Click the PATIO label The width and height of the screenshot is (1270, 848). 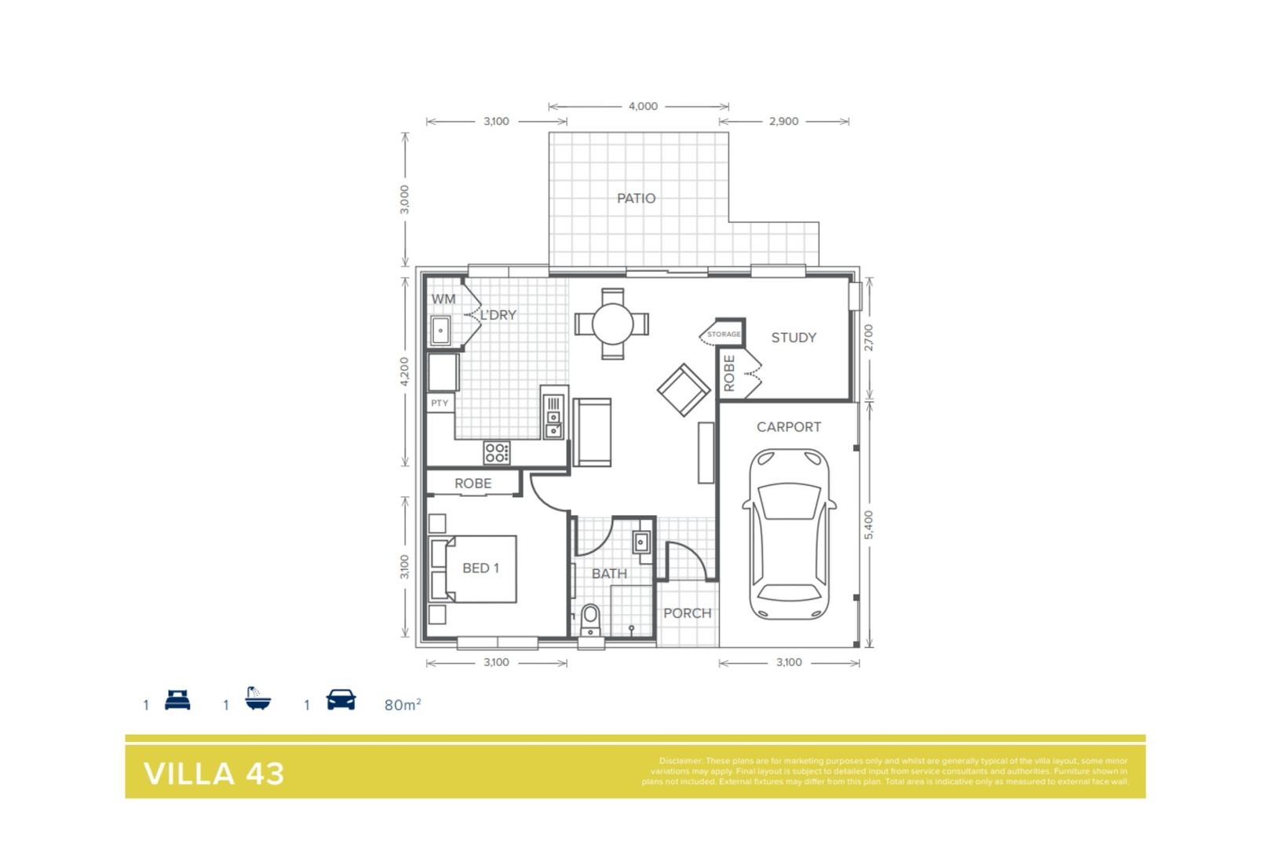[x=636, y=199]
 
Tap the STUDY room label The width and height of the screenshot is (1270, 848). [x=794, y=338]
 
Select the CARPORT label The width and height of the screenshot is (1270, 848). [x=788, y=427]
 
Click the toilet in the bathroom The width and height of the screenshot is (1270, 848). [x=589, y=620]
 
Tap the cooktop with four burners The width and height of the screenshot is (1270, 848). [x=497, y=452]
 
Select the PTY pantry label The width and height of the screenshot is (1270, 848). [x=440, y=404]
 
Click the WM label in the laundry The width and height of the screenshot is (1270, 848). [x=443, y=299]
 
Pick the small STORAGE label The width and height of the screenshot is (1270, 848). [x=723, y=334]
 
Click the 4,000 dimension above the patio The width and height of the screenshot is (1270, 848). [x=643, y=106]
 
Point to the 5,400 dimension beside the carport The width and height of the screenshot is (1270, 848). [x=868, y=525]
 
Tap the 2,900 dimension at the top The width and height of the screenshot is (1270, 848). [x=783, y=121]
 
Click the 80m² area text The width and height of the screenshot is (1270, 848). [x=403, y=704]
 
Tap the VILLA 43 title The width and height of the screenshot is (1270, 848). [x=213, y=773]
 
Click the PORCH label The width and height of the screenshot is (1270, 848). [x=687, y=613]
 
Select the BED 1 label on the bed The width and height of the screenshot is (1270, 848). [x=480, y=568]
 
